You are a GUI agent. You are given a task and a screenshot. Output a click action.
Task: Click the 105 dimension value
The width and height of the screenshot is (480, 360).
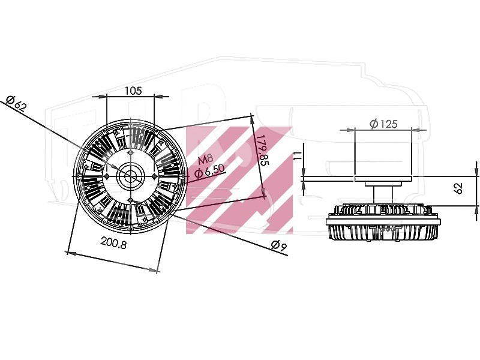coord(133,91)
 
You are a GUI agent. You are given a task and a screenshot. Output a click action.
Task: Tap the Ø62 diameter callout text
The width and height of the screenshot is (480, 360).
coord(17,103)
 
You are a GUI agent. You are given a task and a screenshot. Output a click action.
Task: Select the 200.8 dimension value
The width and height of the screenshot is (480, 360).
coord(113,244)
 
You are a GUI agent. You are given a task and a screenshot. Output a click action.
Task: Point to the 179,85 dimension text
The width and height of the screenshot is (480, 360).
coord(262,150)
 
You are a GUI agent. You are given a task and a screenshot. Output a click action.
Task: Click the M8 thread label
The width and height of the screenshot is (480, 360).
coord(205,160)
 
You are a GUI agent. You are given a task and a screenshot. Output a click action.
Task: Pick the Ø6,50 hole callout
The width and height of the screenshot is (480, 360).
coord(209,171)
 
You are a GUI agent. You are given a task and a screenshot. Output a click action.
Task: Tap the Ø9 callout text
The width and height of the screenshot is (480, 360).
coord(279,245)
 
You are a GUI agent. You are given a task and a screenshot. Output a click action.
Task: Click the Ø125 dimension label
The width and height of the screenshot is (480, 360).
coord(383,124)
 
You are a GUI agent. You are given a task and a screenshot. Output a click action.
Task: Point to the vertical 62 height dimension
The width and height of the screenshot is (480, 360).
coord(458,188)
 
